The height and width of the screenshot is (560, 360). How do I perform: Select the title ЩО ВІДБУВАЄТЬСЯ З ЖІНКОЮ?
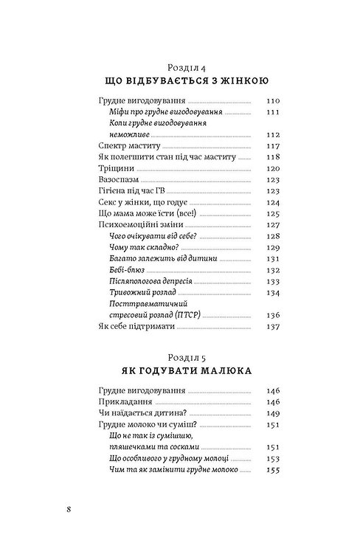[179, 80]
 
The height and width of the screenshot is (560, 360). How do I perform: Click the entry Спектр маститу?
[128, 146]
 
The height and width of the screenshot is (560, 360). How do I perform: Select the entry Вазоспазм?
[117, 179]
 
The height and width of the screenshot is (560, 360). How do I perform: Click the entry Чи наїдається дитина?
[141, 413]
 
